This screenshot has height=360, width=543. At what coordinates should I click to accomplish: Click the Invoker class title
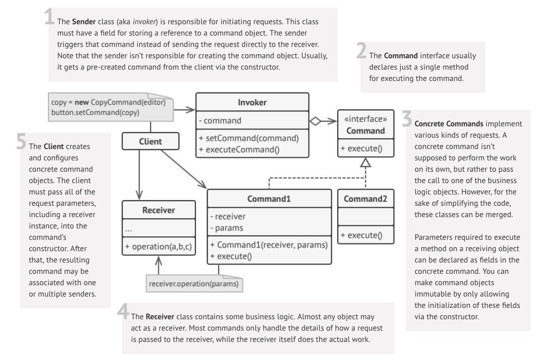coord(252,102)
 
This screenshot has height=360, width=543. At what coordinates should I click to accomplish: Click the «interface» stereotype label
coord(366,120)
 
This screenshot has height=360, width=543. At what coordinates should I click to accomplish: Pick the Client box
coord(151,141)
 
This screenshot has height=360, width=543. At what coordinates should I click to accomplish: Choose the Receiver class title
coord(158,210)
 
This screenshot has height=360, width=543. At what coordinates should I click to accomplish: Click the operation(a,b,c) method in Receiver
coord(159,247)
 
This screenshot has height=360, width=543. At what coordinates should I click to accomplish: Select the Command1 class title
coord(269,199)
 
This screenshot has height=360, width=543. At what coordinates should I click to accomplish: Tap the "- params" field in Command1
coord(226,227)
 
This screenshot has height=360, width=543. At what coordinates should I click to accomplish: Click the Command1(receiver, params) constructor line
coord(269,244)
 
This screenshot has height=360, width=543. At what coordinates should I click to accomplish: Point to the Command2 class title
coord(366,199)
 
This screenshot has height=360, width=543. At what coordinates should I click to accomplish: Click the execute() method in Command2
coord(361,236)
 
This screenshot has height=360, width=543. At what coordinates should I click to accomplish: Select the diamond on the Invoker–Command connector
coord(315,121)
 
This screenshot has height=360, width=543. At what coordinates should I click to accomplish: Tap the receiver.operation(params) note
coord(195,283)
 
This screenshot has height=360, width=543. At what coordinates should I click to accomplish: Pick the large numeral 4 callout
coord(123,312)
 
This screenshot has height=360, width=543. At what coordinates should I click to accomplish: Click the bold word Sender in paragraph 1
coord(84,22)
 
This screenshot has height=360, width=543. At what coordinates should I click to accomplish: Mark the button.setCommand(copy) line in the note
coord(95,112)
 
